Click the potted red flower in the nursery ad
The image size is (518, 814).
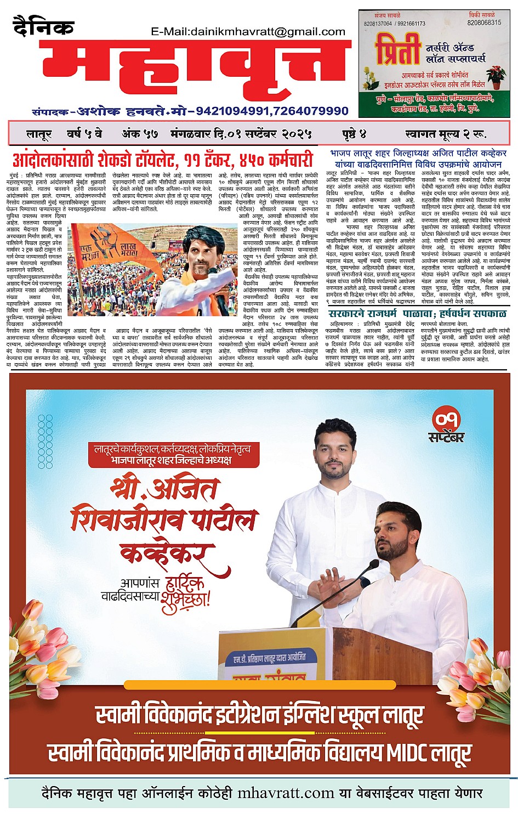coord(497,76)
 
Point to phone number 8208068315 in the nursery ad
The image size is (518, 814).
coord(484,23)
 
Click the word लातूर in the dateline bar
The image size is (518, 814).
coord(39,134)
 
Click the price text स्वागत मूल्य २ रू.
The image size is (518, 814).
coord(446,134)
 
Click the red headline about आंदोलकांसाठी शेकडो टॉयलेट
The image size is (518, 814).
coord(162,161)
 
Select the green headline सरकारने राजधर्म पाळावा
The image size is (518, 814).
coord(418,314)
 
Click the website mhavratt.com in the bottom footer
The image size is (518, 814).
coord(286,794)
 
